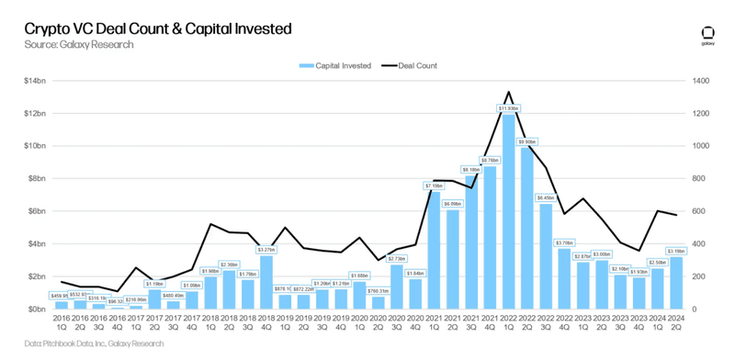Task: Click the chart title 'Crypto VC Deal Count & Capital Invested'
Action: click(147, 28)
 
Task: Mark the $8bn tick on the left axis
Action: click(34, 179)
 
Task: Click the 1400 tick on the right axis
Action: click(702, 81)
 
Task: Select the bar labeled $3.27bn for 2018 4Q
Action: click(266, 282)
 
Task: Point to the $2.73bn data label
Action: click(396, 258)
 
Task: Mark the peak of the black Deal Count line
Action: click(508, 92)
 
